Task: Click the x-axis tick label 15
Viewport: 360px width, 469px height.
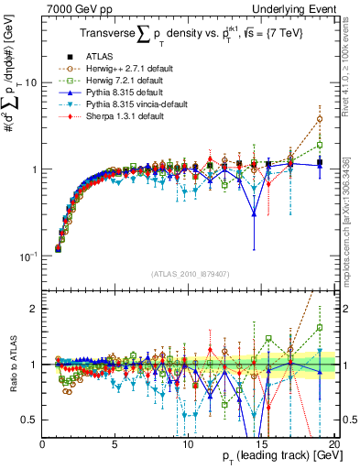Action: click(x=260, y=443)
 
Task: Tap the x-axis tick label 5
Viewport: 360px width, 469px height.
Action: click(x=115, y=443)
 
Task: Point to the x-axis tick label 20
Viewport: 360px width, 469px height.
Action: click(x=333, y=443)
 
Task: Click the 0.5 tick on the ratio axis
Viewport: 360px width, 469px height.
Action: click(x=30, y=420)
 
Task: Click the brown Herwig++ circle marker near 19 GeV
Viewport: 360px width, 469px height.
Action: click(x=319, y=119)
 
